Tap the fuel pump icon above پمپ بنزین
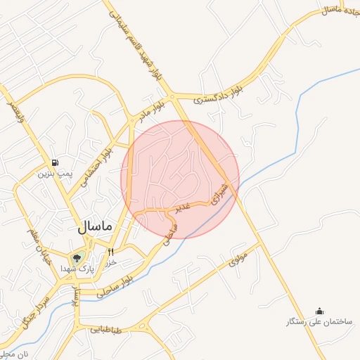click(x=55, y=162)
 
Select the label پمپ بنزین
click(x=55, y=173)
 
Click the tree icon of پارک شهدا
click(x=77, y=257)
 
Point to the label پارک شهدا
click(x=77, y=269)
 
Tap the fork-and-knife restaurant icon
click(x=110, y=251)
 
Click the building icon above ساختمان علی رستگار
click(x=320, y=311)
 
